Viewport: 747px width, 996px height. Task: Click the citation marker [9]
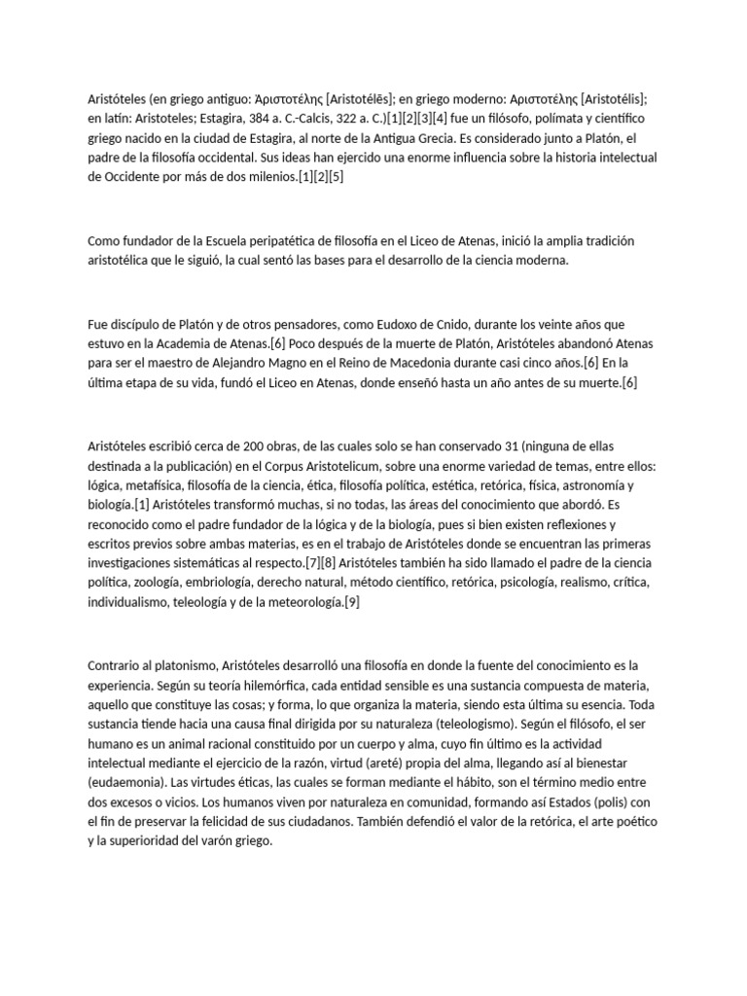(x=352, y=602)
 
